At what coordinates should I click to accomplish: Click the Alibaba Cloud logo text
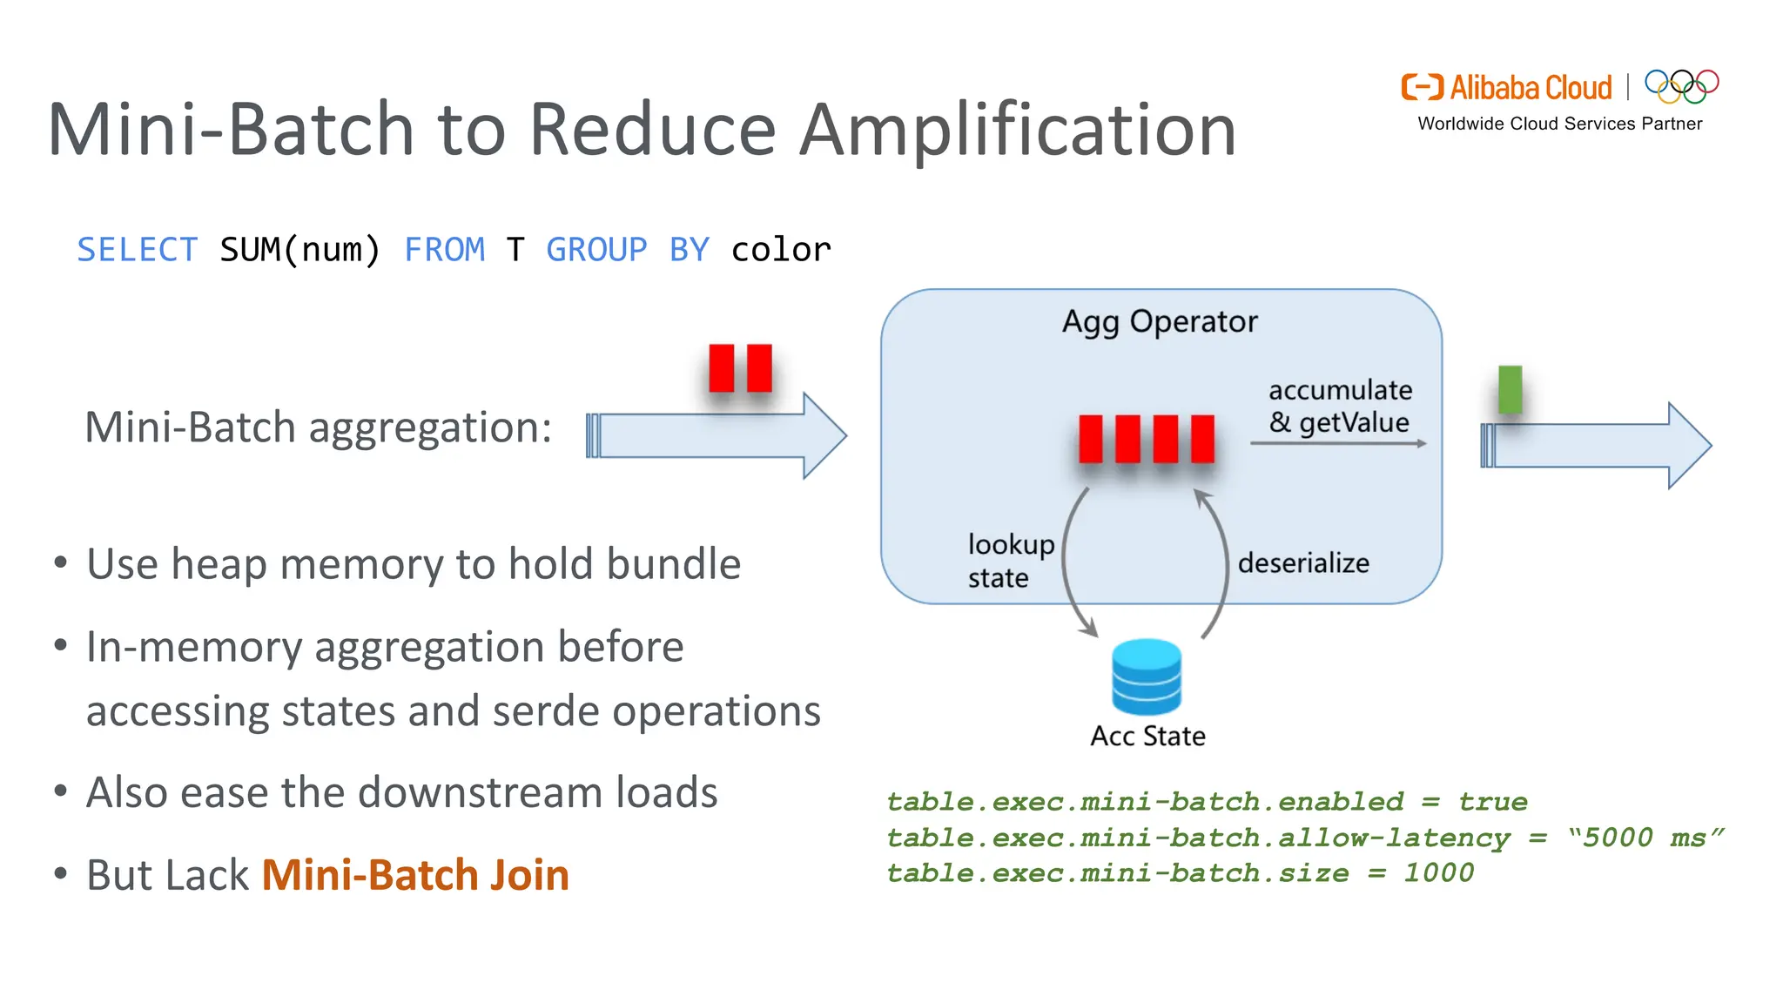pos(1530,88)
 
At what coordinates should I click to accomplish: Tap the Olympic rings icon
pos(1681,85)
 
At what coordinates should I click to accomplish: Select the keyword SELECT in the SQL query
pos(138,250)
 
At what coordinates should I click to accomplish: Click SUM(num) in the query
pos(299,250)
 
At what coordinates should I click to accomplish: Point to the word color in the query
pos(780,250)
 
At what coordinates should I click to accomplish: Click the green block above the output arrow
pos(1510,389)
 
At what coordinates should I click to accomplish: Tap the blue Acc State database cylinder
pos(1147,677)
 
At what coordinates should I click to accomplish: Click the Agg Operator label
pos(1160,321)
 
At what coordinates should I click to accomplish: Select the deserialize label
pos(1303,563)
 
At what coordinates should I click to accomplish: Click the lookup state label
pos(1010,561)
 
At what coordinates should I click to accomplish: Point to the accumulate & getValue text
pos(1340,406)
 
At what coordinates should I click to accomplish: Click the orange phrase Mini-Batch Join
pos(415,875)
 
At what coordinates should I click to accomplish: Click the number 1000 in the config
pos(1438,873)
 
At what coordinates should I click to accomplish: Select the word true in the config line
pos(1492,802)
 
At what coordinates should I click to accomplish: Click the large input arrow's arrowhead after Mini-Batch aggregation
pos(823,435)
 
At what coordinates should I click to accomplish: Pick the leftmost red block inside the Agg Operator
pos(1090,439)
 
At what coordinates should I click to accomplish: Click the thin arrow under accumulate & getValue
pos(1338,443)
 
